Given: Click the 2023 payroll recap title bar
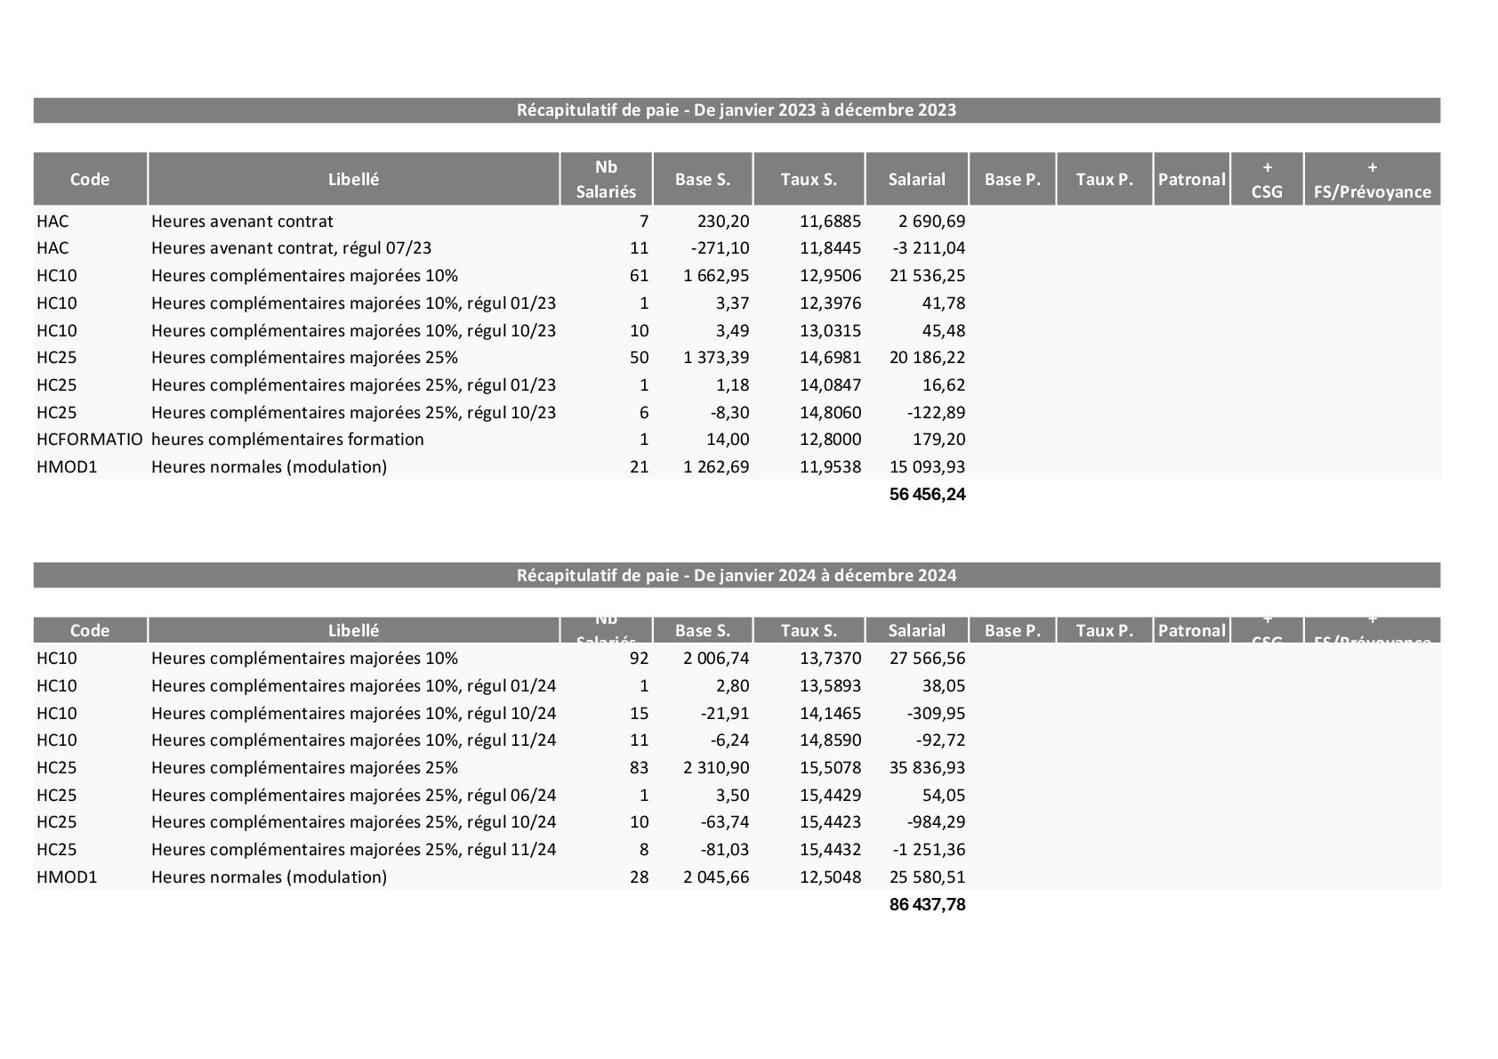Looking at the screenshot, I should point(737,110).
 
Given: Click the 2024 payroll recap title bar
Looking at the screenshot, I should point(737,575).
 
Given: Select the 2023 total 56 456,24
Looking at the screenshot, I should point(927,494).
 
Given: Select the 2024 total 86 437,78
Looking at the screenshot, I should point(927,904).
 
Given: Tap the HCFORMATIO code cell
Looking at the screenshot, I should point(89,440).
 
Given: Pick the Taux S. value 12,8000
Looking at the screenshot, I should point(830,440).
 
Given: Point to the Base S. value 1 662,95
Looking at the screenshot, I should point(716,276).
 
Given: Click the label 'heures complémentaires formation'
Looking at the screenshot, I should point(287,440).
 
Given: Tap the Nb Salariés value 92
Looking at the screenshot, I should point(639,659).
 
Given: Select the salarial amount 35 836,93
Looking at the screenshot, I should point(927,768).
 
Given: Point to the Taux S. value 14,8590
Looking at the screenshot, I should point(830,740).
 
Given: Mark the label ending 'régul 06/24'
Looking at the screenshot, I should point(353,796).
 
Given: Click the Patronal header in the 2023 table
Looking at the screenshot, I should point(1191,180).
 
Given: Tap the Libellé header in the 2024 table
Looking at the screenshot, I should point(353,631).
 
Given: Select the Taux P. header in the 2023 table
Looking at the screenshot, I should point(1104,180).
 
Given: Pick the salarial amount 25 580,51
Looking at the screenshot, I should point(927,877).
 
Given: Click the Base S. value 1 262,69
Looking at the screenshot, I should point(716,467).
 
